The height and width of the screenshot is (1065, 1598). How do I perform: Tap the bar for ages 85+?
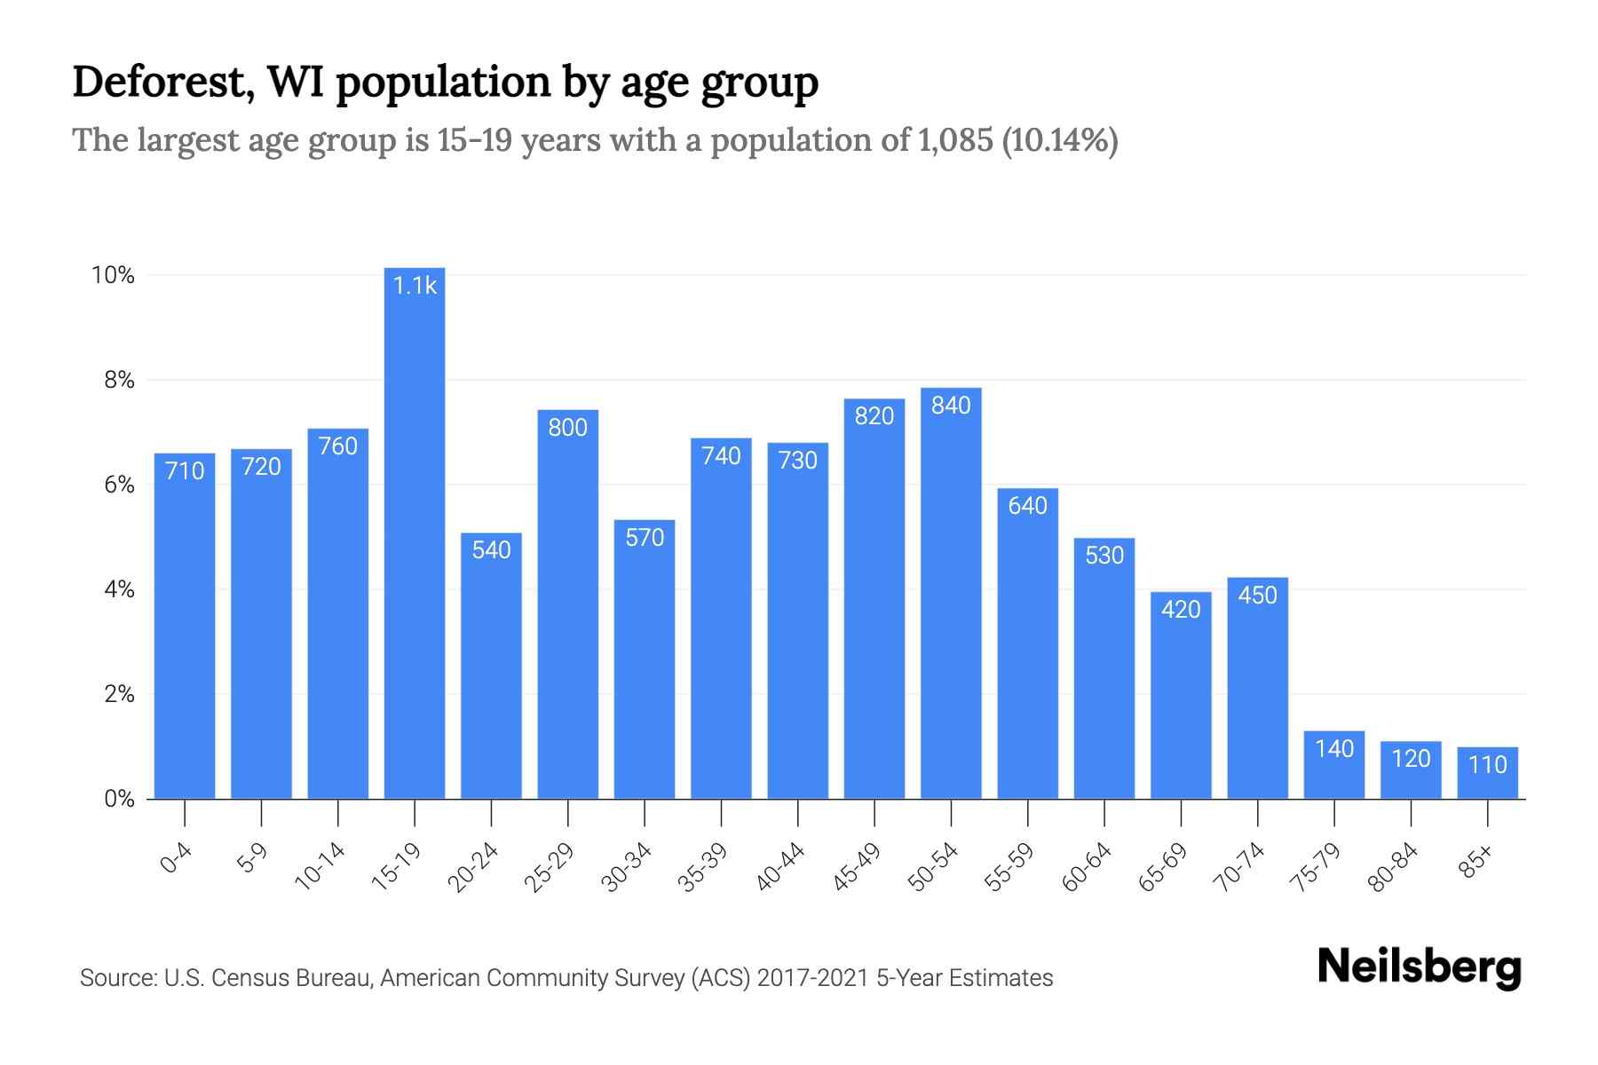click(1487, 774)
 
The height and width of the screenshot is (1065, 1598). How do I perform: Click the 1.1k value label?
click(415, 285)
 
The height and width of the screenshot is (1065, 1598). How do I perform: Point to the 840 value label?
click(951, 406)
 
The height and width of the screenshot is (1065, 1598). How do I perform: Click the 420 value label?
click(1181, 609)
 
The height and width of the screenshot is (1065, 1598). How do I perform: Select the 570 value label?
click(645, 537)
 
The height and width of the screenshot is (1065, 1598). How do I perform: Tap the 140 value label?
click(1333, 748)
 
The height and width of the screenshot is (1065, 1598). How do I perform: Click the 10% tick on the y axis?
click(114, 275)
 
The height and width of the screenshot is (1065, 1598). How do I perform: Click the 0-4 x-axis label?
click(176, 859)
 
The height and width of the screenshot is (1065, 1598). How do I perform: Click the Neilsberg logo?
click(1419, 967)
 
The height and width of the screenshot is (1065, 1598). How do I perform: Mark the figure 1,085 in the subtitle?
click(952, 140)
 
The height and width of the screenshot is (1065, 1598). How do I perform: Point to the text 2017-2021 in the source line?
click(812, 978)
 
